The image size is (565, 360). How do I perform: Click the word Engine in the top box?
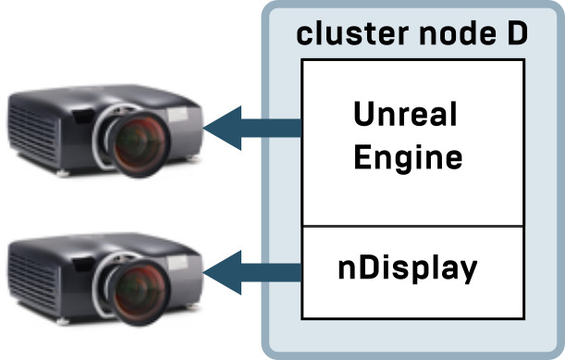point(407,156)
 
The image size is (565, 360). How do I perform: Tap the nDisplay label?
point(408,269)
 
